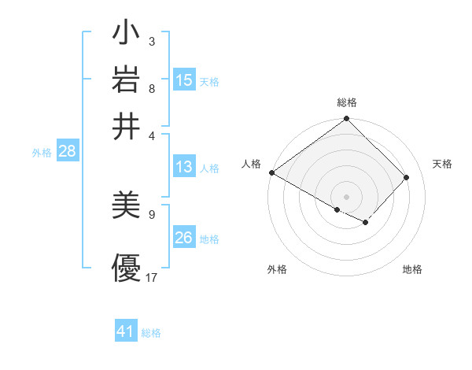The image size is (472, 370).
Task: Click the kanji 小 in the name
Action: (x=126, y=35)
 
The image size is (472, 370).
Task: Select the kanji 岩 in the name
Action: (x=126, y=81)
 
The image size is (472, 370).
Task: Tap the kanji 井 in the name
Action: (x=126, y=127)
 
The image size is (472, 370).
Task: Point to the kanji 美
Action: (x=126, y=207)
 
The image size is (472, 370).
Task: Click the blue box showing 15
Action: (x=184, y=80)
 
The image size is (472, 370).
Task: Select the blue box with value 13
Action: (x=184, y=167)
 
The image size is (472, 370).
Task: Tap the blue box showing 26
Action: (x=184, y=238)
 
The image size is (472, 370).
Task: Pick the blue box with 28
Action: (x=67, y=152)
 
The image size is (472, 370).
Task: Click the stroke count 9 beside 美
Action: (x=152, y=213)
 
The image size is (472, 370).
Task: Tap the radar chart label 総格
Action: (x=347, y=102)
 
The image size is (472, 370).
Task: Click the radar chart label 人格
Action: (x=252, y=164)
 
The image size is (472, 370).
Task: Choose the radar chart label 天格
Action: (x=442, y=164)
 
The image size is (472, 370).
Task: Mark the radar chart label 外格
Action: (x=277, y=269)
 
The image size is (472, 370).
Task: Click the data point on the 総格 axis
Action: (x=347, y=120)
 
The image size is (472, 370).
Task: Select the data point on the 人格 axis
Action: (x=271, y=172)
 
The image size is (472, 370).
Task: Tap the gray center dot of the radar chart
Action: (x=347, y=196)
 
